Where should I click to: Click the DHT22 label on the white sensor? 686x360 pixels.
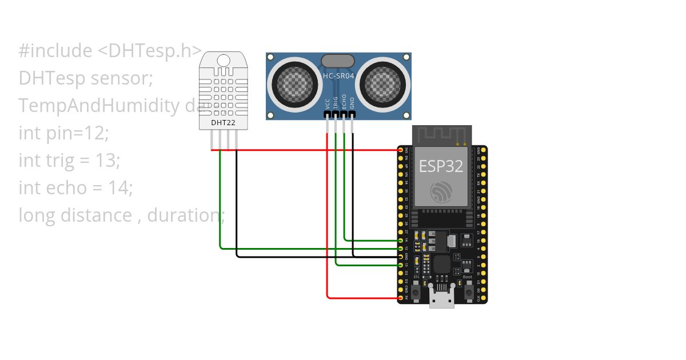[x=223, y=122]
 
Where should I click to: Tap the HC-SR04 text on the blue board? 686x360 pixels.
[x=339, y=75]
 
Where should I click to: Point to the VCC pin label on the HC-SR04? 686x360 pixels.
[x=328, y=103]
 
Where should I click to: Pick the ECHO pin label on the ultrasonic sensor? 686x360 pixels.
[x=344, y=101]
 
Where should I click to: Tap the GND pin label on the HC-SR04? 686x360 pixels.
[x=352, y=103]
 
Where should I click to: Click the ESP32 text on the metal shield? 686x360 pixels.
[x=441, y=166]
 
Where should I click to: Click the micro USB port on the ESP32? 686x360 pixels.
[x=442, y=298]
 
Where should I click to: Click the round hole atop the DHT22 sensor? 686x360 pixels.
[x=224, y=60]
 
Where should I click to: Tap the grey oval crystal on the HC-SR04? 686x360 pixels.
[x=338, y=61]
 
